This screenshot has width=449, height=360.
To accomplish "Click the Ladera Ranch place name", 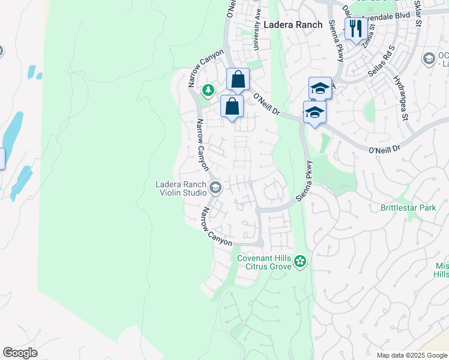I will tap(289, 25).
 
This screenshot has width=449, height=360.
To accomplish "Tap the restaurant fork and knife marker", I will tap(356, 28).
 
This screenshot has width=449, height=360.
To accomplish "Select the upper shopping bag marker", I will tap(238, 79).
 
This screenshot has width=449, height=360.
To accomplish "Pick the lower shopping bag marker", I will tap(232, 107).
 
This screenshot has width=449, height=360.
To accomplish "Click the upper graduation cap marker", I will tap(320, 89).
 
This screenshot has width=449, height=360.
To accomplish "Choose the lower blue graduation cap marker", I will tap(315, 112).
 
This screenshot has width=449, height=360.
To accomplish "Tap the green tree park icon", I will tap(208, 91).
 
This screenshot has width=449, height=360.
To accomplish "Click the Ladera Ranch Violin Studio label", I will tap(181, 188).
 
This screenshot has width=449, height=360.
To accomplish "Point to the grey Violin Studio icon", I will tap(215, 189).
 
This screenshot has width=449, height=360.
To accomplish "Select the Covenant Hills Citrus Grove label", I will tap(264, 262).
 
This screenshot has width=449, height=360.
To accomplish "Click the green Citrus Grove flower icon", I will tap(301, 262).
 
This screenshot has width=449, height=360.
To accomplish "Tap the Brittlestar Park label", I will tap(408, 208).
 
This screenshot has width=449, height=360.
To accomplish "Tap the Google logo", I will tap(20, 353).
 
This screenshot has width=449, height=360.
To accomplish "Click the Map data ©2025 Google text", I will tap(411, 355).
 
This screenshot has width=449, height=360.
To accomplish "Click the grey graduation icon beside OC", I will tap(429, 58).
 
